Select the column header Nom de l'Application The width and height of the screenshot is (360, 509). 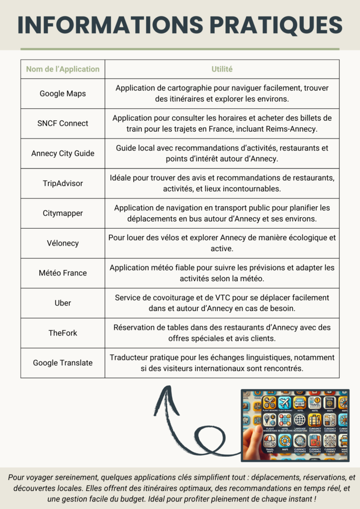click(x=63, y=69)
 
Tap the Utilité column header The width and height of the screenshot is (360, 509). click(x=222, y=69)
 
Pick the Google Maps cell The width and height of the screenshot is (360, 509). click(x=63, y=93)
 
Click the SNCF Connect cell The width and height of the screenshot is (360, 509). click(x=63, y=123)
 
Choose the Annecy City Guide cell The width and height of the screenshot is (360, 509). click(x=63, y=153)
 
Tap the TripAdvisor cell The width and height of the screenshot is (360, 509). click(x=63, y=183)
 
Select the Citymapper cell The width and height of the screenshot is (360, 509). click(x=63, y=213)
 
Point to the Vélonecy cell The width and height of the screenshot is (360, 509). click(x=63, y=243)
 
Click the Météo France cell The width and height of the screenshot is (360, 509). click(x=63, y=273)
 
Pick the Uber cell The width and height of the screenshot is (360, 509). click(x=63, y=303)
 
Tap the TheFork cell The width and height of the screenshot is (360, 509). click(x=63, y=333)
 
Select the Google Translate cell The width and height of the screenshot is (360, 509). click(x=63, y=363)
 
